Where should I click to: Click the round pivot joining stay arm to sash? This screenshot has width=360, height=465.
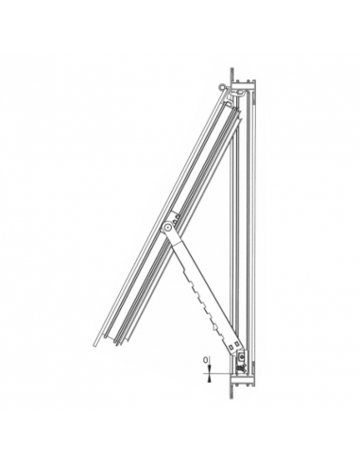click(167, 226)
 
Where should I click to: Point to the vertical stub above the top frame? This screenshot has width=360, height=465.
click(232, 74)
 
